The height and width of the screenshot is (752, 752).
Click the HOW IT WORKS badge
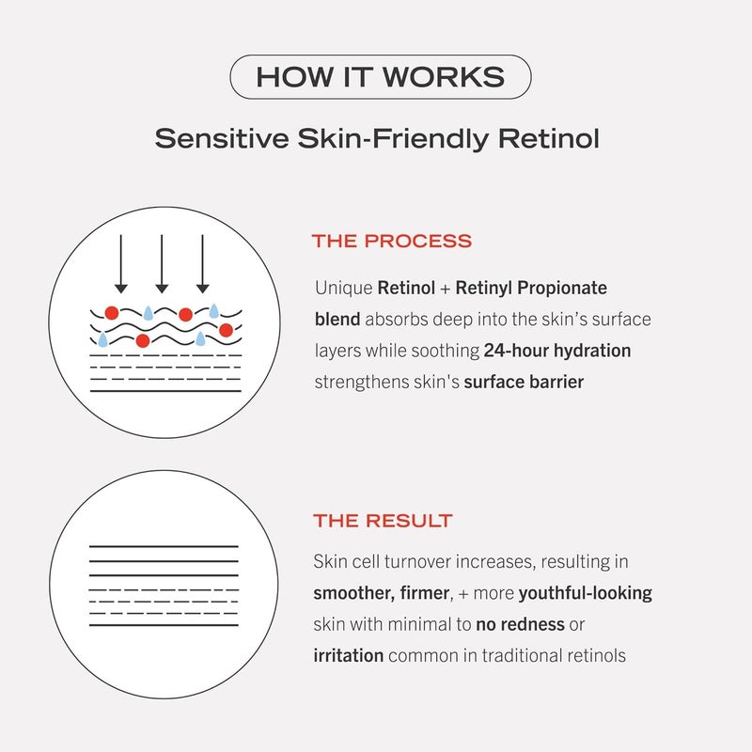tap(380, 77)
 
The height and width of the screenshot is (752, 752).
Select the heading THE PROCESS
tap(392, 242)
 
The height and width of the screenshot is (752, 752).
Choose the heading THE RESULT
tap(383, 521)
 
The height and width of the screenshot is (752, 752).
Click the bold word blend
tap(337, 320)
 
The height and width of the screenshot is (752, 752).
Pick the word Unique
tap(343, 288)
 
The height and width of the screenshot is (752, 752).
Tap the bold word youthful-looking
tap(585, 593)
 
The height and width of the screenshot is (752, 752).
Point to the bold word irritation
tap(348, 655)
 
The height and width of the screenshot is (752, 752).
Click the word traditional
tap(516, 655)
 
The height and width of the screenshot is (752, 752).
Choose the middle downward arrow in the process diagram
tap(161, 263)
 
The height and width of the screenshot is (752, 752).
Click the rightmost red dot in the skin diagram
tap(226, 329)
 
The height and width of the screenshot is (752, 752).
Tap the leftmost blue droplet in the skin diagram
tap(102, 339)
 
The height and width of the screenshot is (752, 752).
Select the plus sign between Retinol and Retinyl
tap(446, 288)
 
